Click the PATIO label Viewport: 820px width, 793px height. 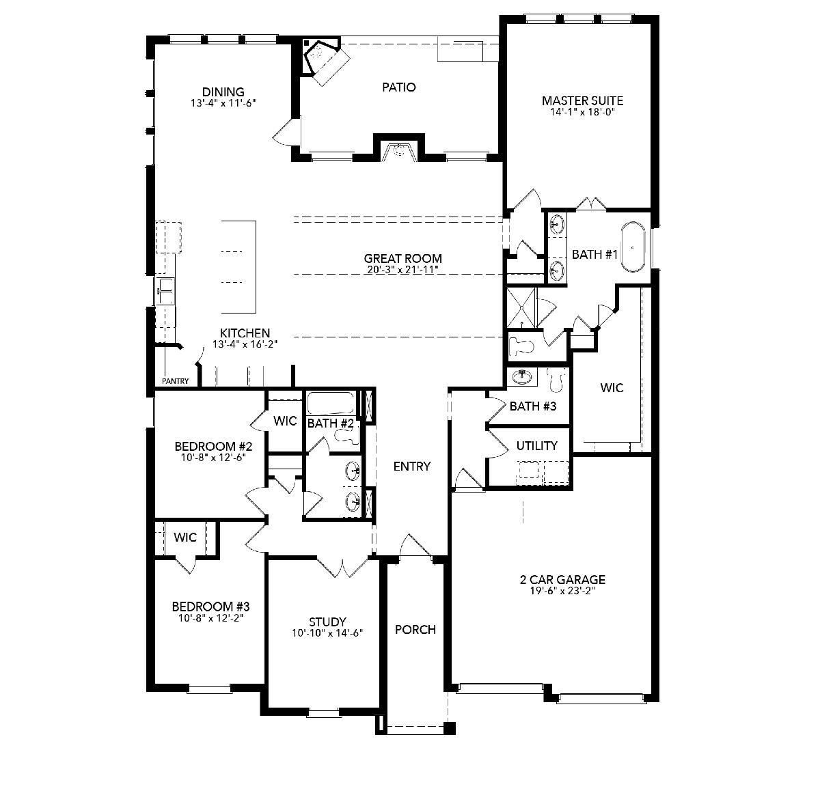[398, 87]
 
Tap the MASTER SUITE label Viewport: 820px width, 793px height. [582, 100]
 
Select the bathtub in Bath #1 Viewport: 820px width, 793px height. [633, 248]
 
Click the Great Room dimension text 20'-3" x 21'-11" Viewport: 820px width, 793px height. [403, 270]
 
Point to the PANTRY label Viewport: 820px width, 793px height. [176, 381]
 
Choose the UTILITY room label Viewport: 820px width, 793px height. [537, 445]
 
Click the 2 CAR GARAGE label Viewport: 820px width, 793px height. [562, 580]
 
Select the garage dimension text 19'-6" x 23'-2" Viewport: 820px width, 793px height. [562, 591]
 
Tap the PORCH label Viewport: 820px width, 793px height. [415, 630]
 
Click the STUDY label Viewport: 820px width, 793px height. [327, 622]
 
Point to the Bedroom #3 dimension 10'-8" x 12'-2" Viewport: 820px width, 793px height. [210, 618]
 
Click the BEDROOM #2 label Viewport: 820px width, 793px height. [213, 446]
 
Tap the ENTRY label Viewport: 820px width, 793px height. [411, 467]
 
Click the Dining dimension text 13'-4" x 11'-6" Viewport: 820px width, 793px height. [223, 102]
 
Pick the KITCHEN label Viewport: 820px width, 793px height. [245, 333]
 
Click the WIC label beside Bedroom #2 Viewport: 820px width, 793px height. [285, 421]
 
